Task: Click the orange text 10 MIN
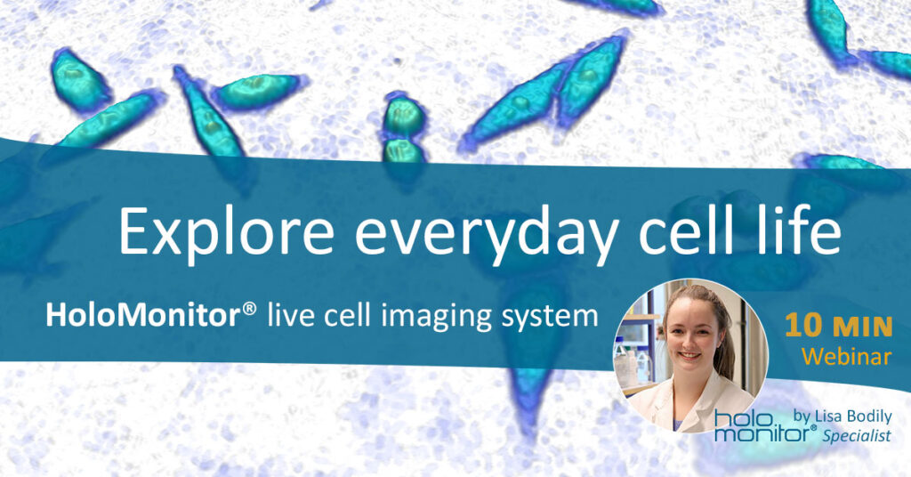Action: click(838, 327)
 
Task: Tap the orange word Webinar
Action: click(847, 356)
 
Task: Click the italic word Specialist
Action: click(857, 436)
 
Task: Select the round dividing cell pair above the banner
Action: click(403, 129)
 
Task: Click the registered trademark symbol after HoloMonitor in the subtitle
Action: click(249, 307)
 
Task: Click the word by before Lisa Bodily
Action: click(802, 417)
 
